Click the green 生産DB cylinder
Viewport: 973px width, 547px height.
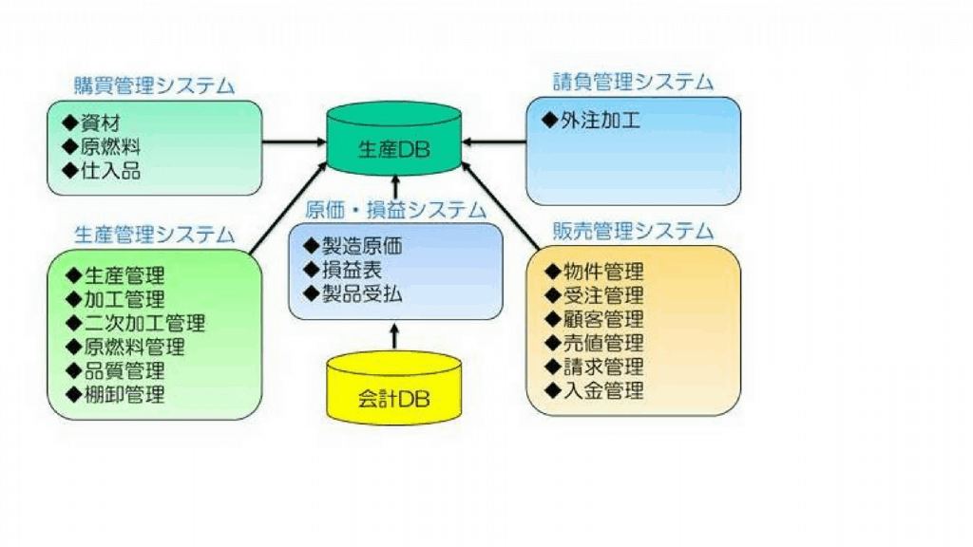(394, 141)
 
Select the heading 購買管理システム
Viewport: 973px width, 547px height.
(154, 85)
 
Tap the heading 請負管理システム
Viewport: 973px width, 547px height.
(633, 82)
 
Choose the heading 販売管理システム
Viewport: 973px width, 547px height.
(633, 231)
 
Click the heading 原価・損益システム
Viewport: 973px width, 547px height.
(395, 210)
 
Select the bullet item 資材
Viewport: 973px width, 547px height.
(103, 123)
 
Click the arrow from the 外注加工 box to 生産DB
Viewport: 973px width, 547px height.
(494, 142)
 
